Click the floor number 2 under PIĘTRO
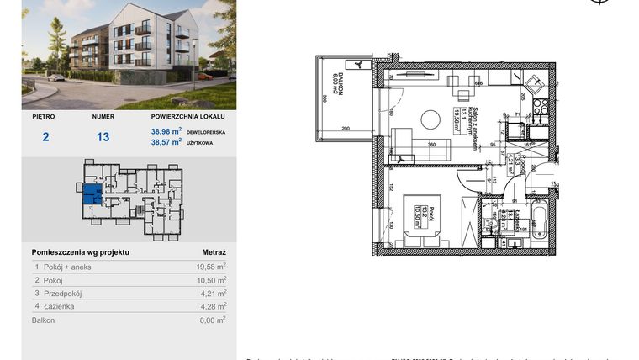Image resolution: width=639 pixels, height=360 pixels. tap(45, 137)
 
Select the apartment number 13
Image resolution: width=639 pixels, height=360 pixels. tap(103, 137)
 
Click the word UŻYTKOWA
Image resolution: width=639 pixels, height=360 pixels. tap(204, 143)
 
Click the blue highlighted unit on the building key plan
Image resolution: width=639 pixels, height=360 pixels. tap(91, 197)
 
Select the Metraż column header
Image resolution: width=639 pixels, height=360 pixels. tap(214, 251)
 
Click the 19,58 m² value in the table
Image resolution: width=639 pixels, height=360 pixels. tap(210, 267)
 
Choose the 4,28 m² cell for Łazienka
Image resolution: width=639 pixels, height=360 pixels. tap(210, 307)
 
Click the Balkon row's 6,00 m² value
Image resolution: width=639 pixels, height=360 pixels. tap(210, 320)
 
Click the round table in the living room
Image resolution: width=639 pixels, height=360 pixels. tap(430, 119)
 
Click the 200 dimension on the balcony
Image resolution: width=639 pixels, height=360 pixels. tap(346, 129)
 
